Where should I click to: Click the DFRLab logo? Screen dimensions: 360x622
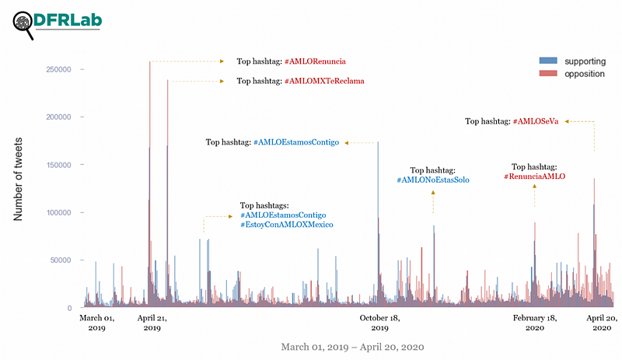tap(58, 23)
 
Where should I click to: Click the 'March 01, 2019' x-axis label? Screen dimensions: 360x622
tap(97, 323)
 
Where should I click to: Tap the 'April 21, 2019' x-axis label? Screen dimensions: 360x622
tap(152, 323)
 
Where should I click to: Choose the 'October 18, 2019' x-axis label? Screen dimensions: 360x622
tap(380, 323)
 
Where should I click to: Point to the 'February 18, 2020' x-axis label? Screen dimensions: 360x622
tap(535, 323)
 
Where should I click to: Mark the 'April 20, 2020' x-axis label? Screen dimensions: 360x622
tap(600, 323)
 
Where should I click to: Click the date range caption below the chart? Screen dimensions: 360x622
tap(352, 347)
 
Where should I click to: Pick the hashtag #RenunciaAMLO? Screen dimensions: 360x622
tap(534, 177)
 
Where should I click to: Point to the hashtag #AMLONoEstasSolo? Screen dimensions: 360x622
tap(433, 180)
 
